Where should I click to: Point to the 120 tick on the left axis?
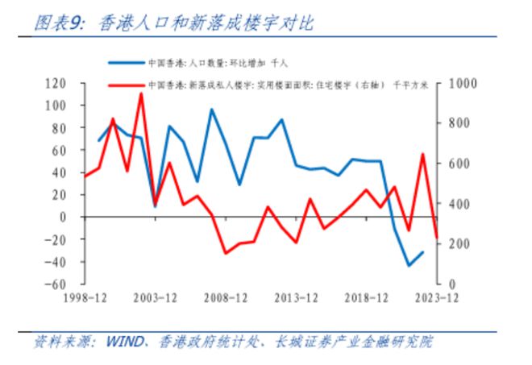55,83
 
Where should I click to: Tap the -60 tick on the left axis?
55,284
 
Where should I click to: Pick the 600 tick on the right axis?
459,164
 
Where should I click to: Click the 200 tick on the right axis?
459,244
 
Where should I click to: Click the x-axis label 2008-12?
225,299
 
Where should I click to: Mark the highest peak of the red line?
141,93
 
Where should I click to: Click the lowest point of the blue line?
409,266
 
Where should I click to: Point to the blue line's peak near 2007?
212,110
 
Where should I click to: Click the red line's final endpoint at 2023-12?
436,237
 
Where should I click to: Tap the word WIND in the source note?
122,342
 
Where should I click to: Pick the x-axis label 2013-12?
295,299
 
